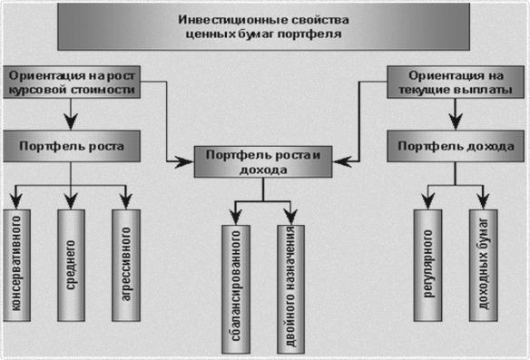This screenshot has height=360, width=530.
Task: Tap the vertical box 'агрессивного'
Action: tap(127, 265)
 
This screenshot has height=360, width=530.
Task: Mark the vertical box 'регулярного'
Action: tap(427, 265)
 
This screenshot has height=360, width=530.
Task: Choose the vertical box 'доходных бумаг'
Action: tap(483, 265)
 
